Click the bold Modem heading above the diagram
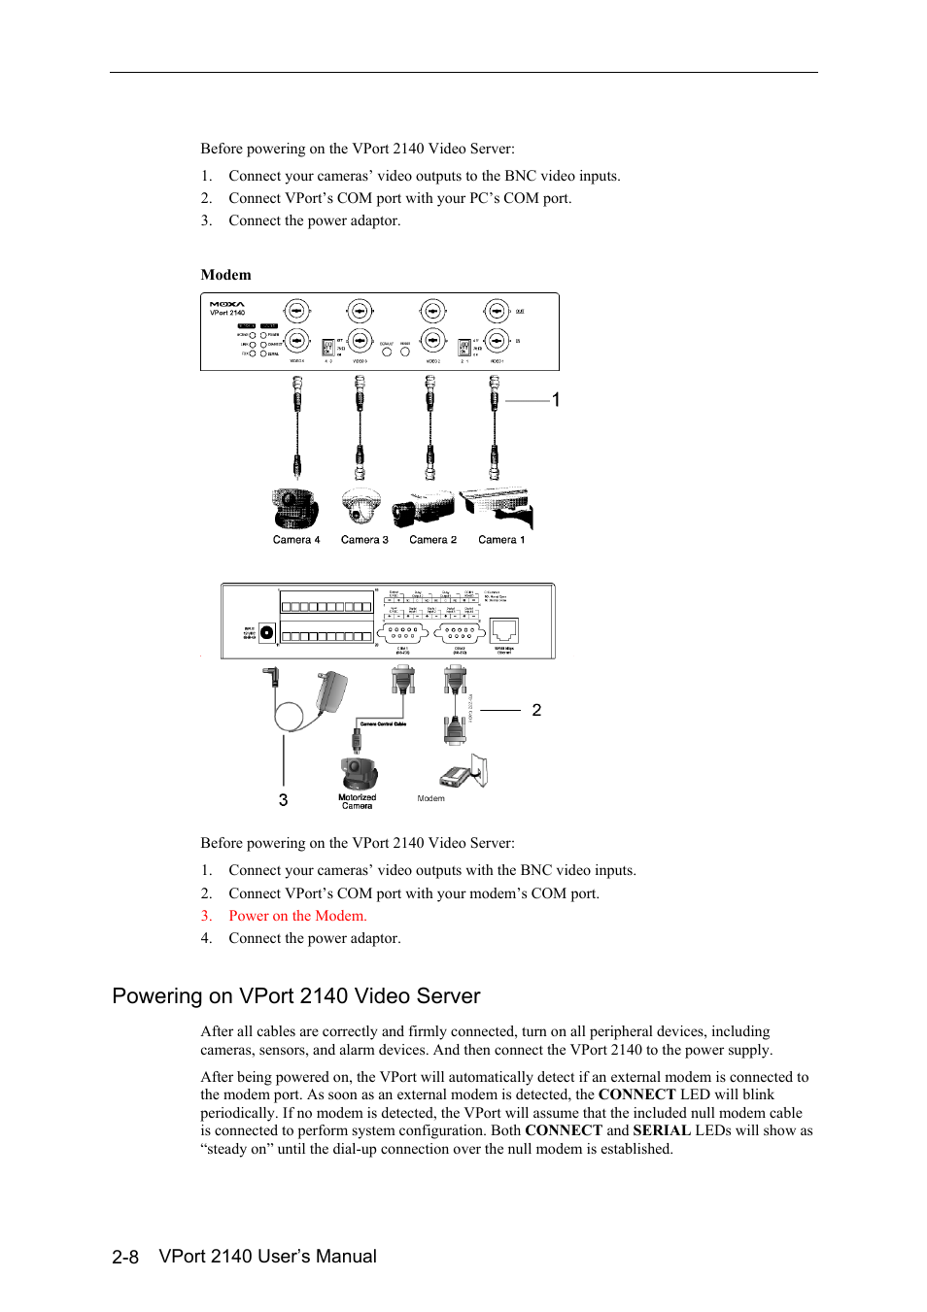225,275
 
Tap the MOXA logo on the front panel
227,304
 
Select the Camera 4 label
296,540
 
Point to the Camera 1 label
501,540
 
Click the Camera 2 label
432,540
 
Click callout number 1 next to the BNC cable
556,400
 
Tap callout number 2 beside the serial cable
536,710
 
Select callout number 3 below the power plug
283,800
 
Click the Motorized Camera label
357,801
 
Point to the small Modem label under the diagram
430,798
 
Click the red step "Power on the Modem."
297,916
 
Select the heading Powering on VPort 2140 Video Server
296,996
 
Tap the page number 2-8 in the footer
125,1257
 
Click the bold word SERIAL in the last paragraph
662,1130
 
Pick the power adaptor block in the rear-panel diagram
332,690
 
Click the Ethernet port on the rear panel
504,630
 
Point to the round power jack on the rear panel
267,632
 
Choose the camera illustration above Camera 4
295,508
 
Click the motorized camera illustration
358,774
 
